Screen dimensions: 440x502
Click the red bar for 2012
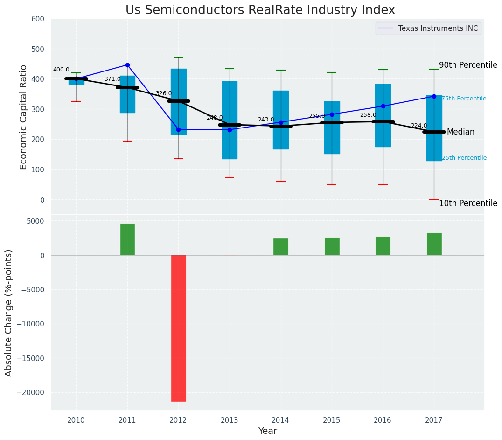click(178, 328)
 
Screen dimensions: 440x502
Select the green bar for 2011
click(127, 239)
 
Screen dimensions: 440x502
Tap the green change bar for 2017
click(434, 244)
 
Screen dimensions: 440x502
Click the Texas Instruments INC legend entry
click(438, 28)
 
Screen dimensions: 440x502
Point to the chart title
click(260, 10)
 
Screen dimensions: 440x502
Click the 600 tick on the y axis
click(38, 19)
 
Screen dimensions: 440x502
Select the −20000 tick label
click(31, 393)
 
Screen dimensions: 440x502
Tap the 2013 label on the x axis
click(230, 420)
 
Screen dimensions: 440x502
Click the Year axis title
click(268, 431)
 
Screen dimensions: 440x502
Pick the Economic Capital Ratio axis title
click(23, 116)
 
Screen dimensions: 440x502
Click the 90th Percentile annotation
click(468, 65)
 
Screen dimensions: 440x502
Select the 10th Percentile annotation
click(468, 203)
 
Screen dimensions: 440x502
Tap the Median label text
click(460, 132)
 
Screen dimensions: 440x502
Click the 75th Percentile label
click(464, 99)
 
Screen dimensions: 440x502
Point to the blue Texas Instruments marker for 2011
click(127, 65)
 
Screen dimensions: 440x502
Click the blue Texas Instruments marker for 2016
click(383, 106)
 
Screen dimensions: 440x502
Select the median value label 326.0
click(163, 94)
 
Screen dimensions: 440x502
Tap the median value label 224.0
click(418, 126)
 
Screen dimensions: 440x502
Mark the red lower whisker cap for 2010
click(76, 101)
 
